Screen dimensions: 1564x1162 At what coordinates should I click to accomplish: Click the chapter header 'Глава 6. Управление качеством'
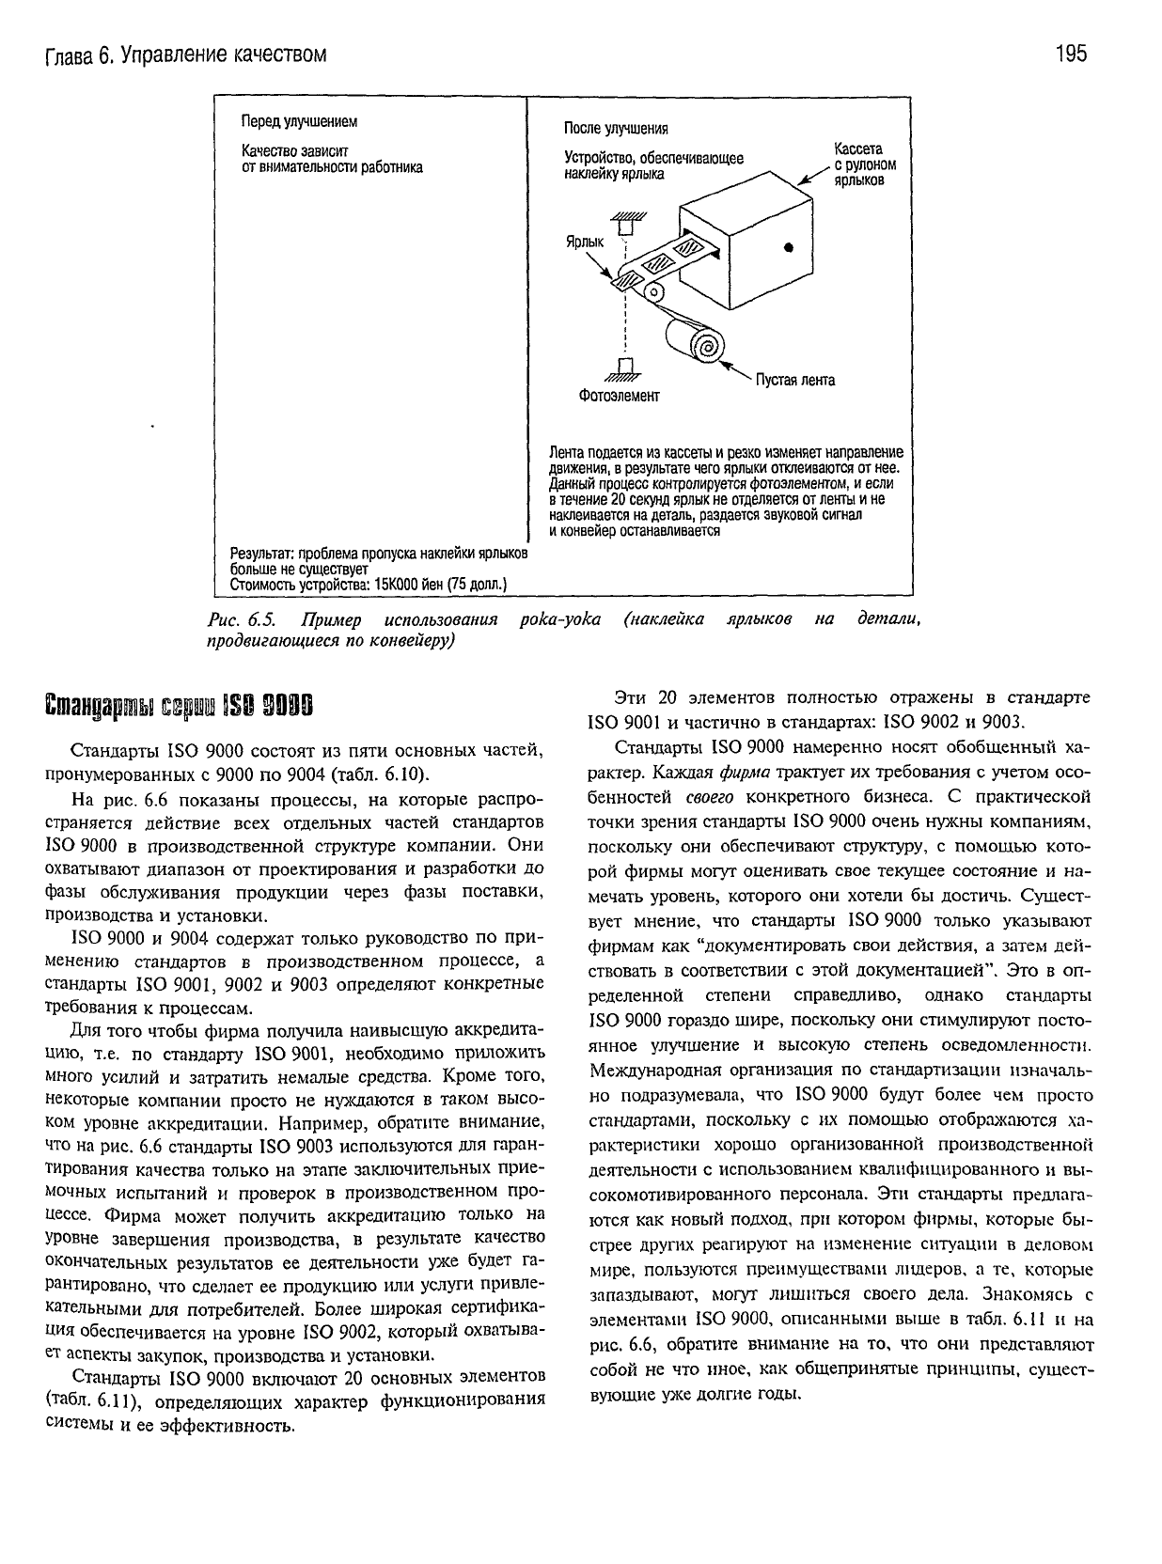pos(186,55)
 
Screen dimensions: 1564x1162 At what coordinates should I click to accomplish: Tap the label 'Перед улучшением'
pos(299,122)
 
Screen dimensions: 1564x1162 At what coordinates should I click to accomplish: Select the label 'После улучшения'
pos(615,128)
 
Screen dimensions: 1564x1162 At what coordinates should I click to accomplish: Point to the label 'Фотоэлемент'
pos(619,396)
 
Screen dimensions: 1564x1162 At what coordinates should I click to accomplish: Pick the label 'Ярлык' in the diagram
pos(583,242)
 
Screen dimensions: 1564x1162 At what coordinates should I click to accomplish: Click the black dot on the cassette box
pos(789,247)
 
